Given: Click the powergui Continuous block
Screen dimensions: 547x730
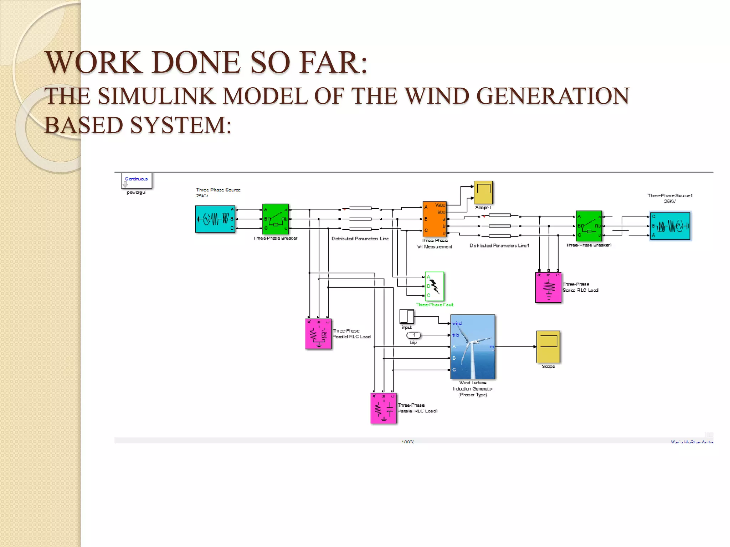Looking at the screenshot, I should click(x=136, y=180).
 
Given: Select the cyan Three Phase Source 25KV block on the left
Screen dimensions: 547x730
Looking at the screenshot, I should click(x=215, y=219).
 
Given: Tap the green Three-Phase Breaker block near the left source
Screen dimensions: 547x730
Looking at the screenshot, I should click(x=275, y=219).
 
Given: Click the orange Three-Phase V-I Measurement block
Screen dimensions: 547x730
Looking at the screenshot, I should click(x=434, y=219).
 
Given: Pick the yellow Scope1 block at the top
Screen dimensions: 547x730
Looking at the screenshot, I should click(x=483, y=192).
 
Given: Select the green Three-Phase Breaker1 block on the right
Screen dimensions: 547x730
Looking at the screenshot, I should click(x=588, y=226).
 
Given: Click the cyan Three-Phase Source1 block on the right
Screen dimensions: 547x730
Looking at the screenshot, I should click(x=670, y=226).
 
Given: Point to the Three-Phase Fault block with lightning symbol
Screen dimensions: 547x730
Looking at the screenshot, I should click(x=434, y=286).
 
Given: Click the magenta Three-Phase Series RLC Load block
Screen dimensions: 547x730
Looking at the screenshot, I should click(x=548, y=287).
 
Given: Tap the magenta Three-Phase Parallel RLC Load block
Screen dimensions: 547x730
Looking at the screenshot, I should click(x=318, y=334).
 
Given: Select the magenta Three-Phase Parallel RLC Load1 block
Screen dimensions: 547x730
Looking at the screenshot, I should click(x=383, y=408).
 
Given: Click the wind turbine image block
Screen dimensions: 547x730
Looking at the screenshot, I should click(x=473, y=347).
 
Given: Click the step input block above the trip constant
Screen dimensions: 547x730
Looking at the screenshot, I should click(x=407, y=316).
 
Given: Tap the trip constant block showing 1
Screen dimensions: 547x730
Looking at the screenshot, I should click(x=413, y=335).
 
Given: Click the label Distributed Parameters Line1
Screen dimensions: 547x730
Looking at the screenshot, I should click(x=499, y=246).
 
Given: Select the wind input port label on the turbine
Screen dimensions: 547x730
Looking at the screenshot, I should click(x=457, y=323).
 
